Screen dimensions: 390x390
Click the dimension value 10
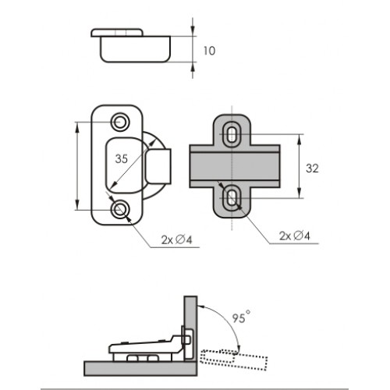(209, 51)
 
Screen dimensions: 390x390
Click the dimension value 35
(122, 159)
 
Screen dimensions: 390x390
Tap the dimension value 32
(312, 168)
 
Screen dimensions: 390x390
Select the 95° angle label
(242, 317)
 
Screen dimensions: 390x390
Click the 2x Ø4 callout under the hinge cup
(176, 239)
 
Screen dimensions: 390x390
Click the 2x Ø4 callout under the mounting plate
(295, 236)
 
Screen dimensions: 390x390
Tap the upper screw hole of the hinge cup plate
(120, 122)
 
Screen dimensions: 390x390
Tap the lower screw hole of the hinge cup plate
(120, 209)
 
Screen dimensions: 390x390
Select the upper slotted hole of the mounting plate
(232, 135)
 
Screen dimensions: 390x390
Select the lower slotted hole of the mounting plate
(232, 199)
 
